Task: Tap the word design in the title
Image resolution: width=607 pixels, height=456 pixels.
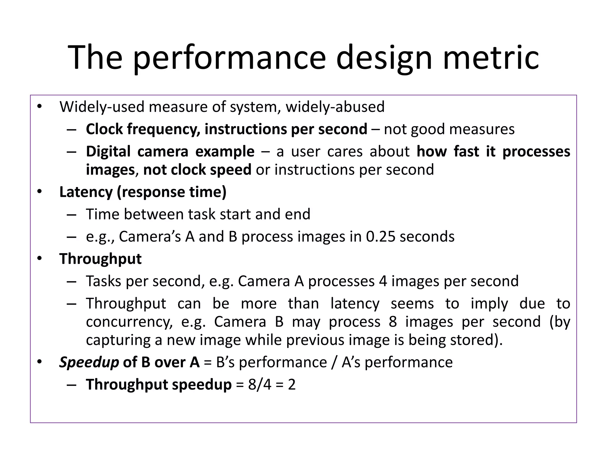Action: tap(384, 58)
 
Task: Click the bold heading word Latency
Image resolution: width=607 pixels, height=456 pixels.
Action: tap(86, 192)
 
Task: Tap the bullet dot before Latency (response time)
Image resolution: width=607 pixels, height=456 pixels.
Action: tap(39, 192)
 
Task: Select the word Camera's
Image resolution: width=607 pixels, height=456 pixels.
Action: tap(150, 237)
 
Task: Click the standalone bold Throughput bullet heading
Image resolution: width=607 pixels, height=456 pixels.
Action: tap(100, 259)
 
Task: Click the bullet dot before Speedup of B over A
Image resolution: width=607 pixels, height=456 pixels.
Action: tap(39, 362)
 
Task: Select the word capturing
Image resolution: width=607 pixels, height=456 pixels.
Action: tap(118, 340)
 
